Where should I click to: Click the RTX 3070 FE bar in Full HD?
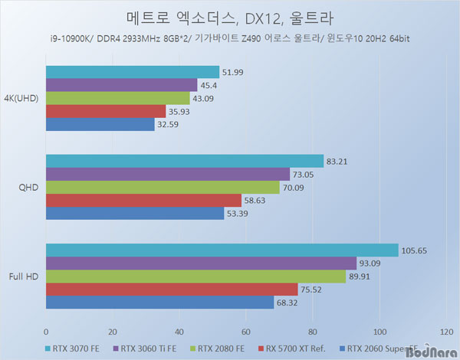pyautogui.click(x=222, y=250)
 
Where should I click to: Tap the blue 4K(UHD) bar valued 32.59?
pyautogui.click(x=100, y=125)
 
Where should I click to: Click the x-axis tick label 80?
pyautogui.click(x=312, y=332)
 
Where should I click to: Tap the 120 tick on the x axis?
pyautogui.click(x=445, y=332)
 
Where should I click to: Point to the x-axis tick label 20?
pyautogui.click(x=112, y=332)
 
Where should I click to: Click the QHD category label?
pyautogui.click(x=28, y=188)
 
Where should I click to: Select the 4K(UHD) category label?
pyautogui.click(x=22, y=98)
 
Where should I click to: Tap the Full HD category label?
pyautogui.click(x=24, y=277)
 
